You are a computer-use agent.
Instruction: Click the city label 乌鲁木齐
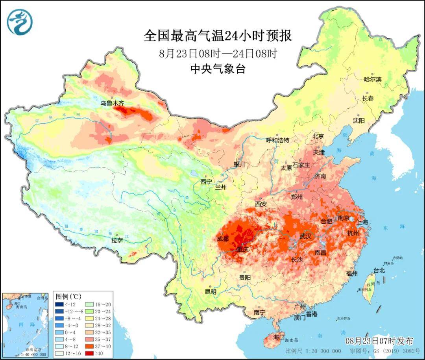coord(112,103)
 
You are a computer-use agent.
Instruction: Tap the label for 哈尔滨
coord(373,79)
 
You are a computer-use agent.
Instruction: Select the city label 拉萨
coord(117,240)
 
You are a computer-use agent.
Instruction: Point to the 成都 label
coord(222,239)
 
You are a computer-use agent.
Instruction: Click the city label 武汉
coord(305,236)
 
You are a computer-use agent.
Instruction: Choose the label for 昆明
coord(211,292)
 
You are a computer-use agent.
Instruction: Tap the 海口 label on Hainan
coord(279,337)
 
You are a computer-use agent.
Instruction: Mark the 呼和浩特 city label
coord(277,140)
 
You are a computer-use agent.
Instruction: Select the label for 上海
coord(362,222)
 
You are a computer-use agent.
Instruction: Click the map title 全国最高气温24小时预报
coord(218,36)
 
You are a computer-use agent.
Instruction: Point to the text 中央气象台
coord(218,69)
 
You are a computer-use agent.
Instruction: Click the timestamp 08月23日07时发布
coord(379,341)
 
